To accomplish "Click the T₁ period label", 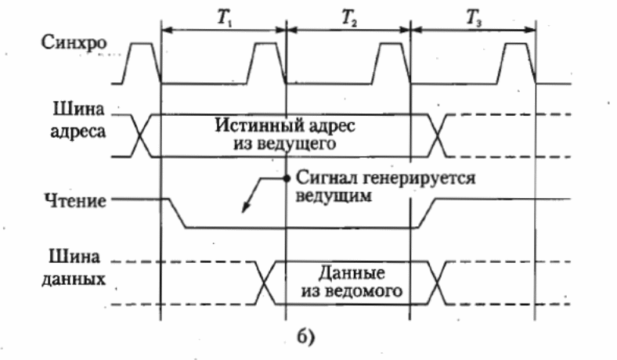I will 223,19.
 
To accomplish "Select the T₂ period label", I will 349,19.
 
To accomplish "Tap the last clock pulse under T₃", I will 518,62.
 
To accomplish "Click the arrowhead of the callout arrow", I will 244,211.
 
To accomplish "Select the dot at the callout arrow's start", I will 287,178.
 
